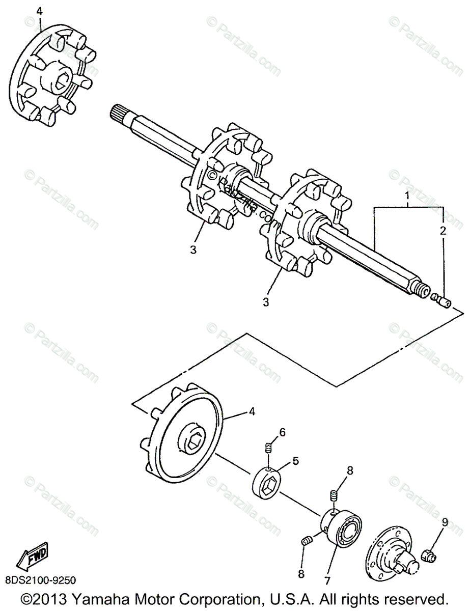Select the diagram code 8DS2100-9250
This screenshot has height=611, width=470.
(x=41, y=579)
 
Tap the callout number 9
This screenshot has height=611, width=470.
(x=444, y=522)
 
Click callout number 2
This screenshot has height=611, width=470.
(x=443, y=230)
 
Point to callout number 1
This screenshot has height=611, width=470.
(x=407, y=196)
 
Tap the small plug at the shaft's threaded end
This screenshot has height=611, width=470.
(x=441, y=301)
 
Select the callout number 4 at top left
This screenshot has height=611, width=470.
(x=40, y=10)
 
